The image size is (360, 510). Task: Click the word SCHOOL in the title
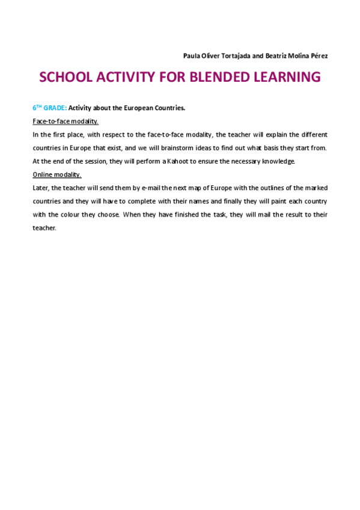(67, 78)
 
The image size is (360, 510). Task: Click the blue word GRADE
(55, 108)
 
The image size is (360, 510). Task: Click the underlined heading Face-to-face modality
(65, 121)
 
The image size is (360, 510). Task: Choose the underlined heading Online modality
(56, 174)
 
